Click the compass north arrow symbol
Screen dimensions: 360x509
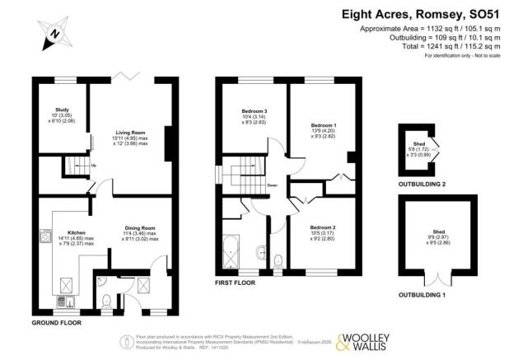(53, 35)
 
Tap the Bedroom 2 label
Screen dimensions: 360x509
(323, 227)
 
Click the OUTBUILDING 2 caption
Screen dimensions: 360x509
(421, 184)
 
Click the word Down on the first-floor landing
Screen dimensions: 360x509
(271, 186)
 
